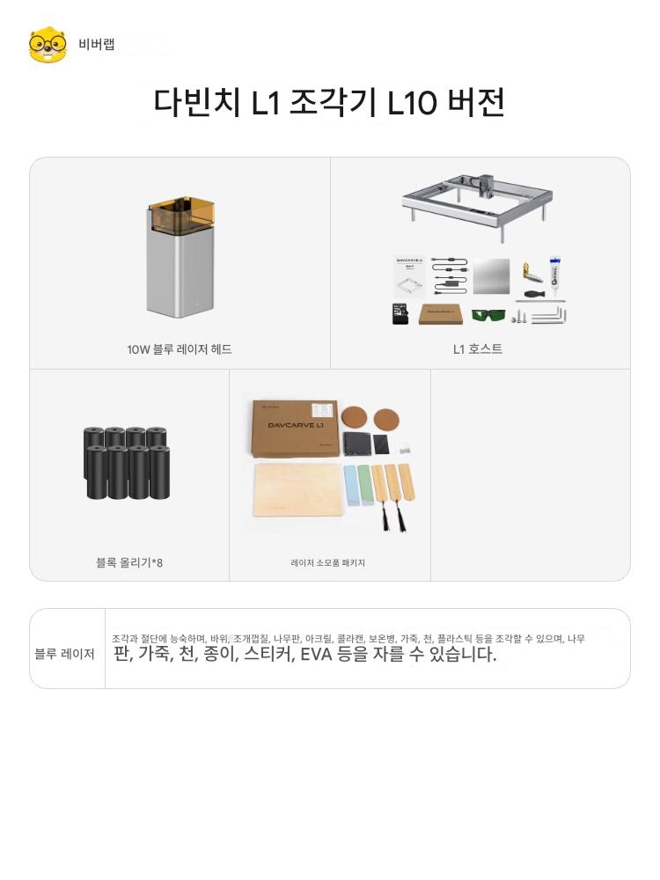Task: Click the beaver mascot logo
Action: point(48,44)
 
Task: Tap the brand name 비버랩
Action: point(97,44)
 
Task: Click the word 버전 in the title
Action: point(476,103)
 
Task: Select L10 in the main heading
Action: point(412,103)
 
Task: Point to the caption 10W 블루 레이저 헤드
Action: point(179,349)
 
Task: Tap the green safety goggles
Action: point(488,315)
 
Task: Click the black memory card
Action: point(400,314)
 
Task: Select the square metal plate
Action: point(492,276)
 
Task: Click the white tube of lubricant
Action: point(555,275)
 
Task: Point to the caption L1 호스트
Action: point(478,349)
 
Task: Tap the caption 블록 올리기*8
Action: point(129,562)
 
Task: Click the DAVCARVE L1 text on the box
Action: point(295,425)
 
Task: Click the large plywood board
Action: point(298,489)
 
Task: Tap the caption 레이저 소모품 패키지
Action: point(327,562)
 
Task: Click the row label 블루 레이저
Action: point(64,654)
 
